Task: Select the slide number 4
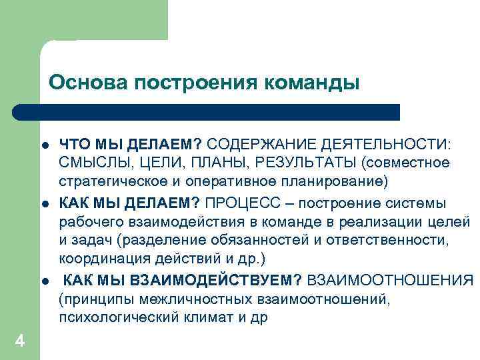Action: coord(20,341)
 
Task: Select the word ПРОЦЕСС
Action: coord(239,202)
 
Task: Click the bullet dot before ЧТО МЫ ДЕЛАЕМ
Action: coord(42,145)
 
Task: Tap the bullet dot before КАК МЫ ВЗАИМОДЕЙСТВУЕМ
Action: coord(42,280)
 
